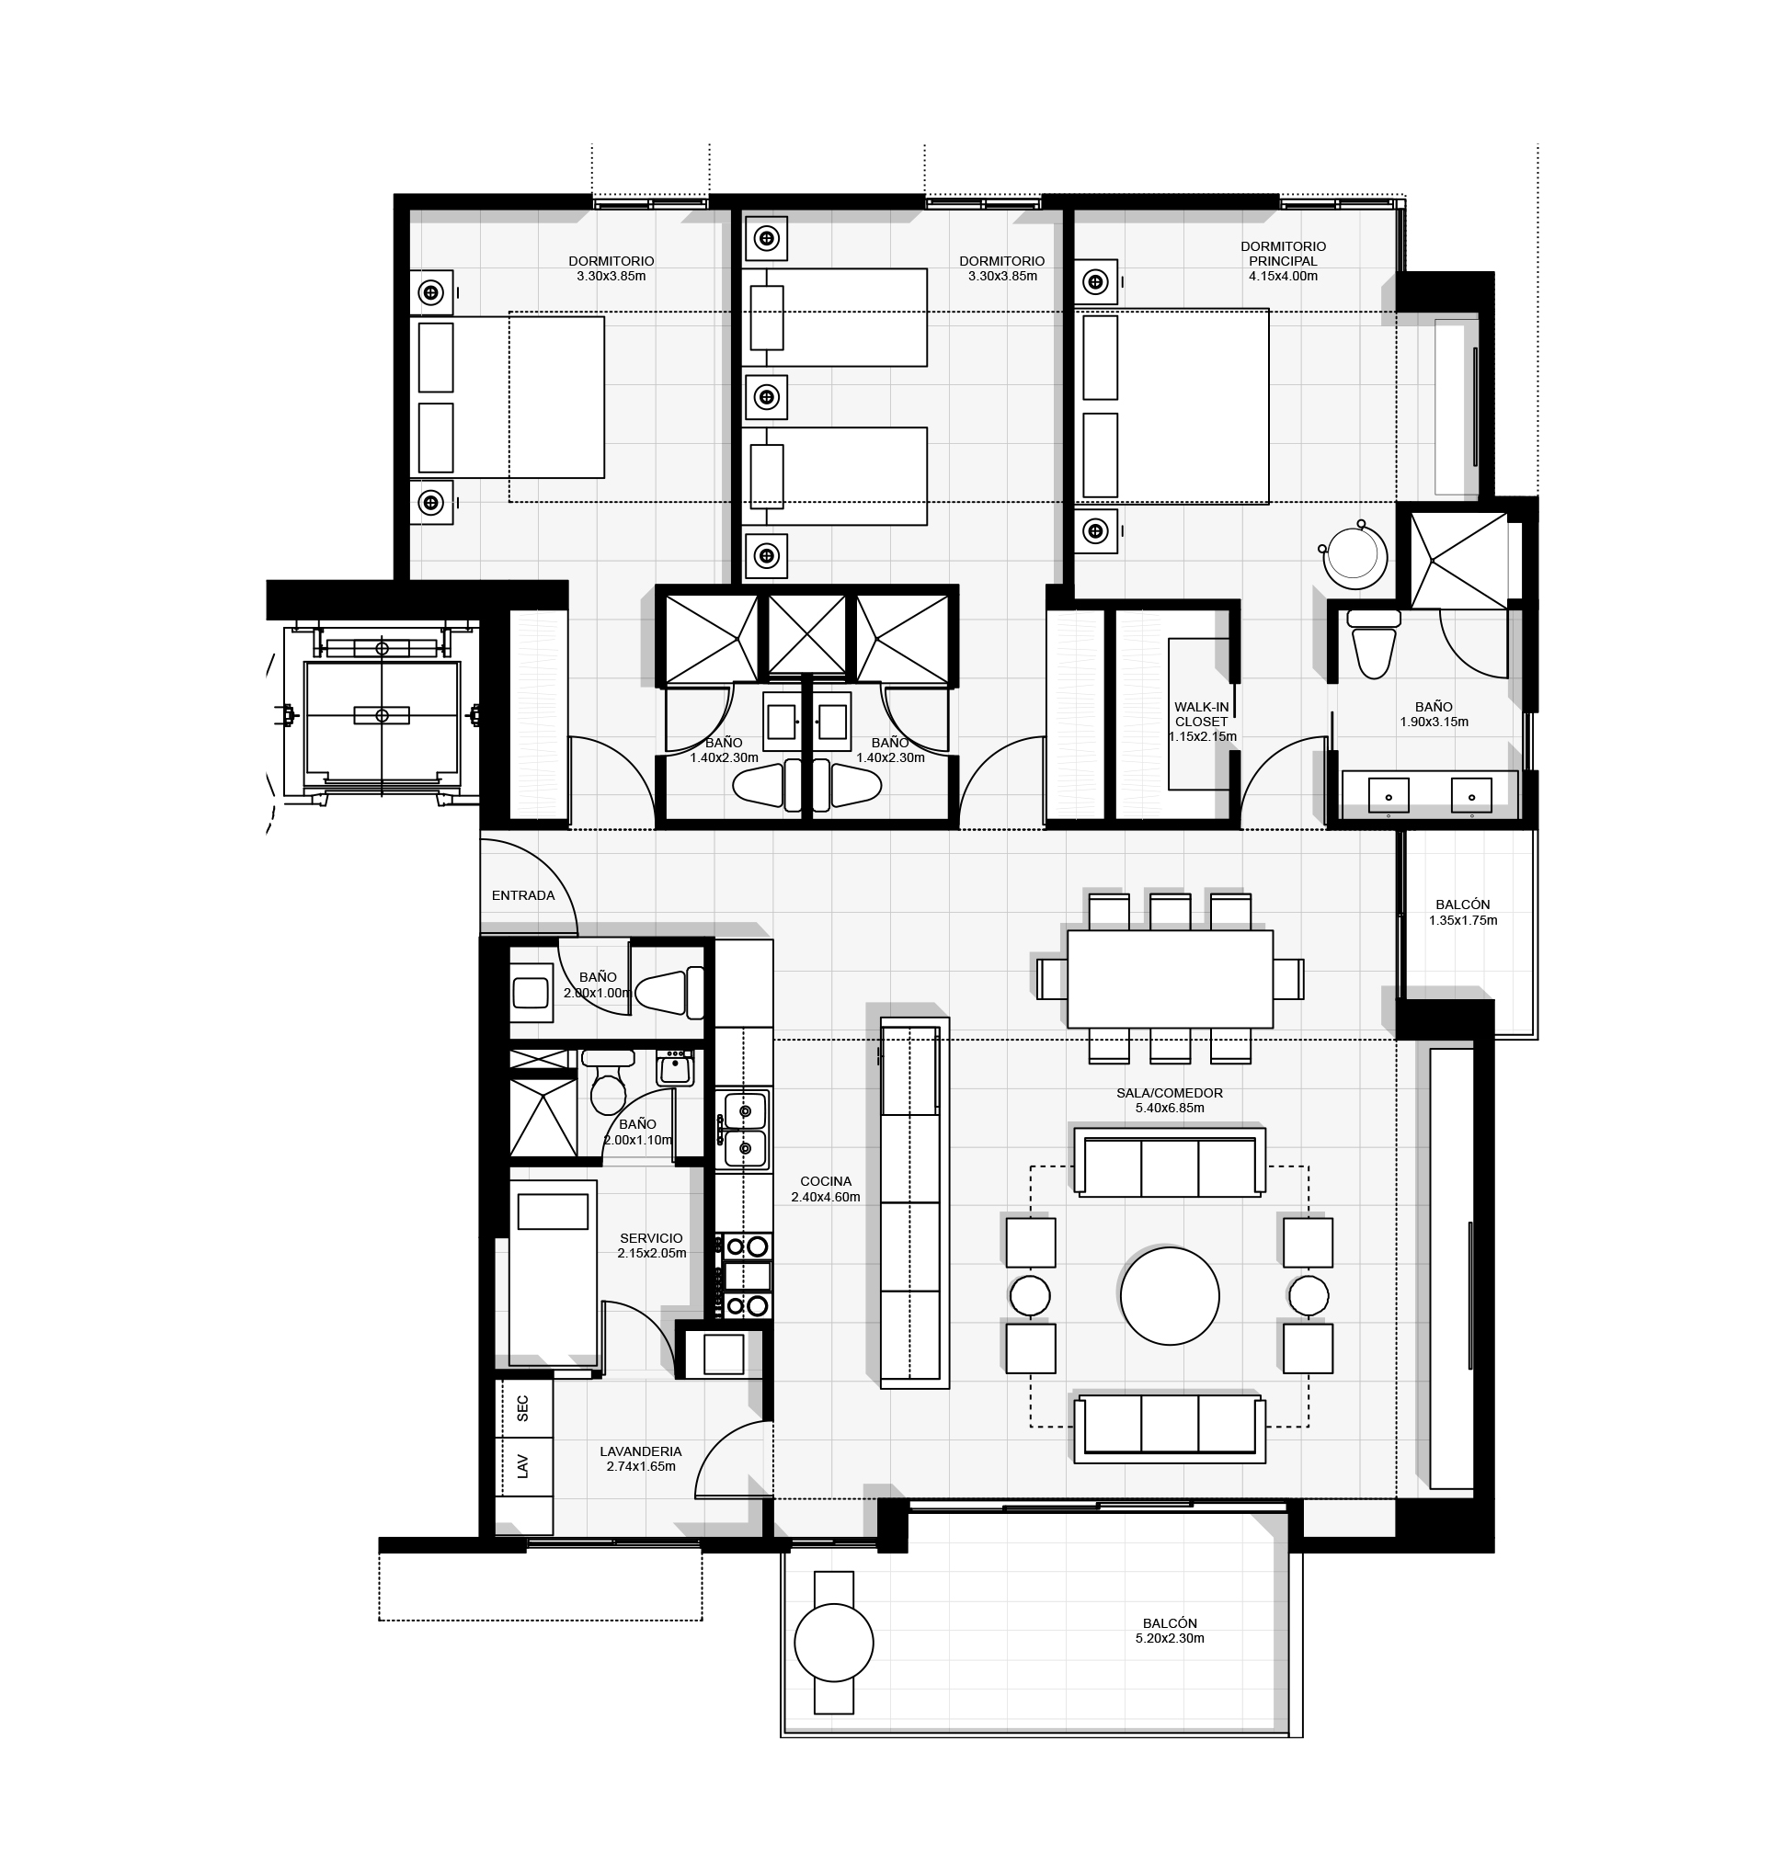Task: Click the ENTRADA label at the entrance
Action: pos(522,895)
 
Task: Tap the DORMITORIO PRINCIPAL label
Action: pos(1283,254)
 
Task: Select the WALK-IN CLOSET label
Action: pos(1201,714)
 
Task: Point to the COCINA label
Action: pos(825,1182)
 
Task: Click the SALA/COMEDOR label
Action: pos(1169,1093)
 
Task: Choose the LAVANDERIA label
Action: pos(641,1451)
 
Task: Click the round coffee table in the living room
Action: pos(1169,1296)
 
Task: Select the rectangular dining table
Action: pos(1169,979)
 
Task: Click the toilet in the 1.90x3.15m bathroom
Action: pos(1374,643)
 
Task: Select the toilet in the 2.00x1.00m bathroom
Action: pos(669,993)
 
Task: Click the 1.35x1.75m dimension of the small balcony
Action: pos(1463,920)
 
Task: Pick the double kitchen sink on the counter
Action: pos(745,1130)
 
